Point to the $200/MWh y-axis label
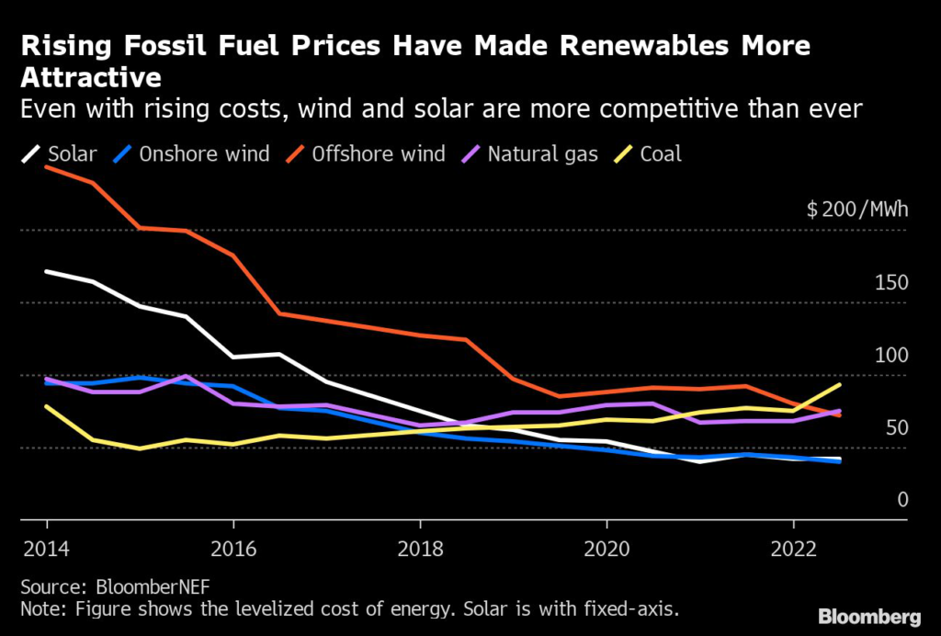coord(856,209)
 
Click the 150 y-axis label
coord(890,282)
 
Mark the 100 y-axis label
coord(890,356)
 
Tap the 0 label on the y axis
coord(902,500)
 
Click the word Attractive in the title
coord(91,75)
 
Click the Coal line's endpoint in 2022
coord(839,384)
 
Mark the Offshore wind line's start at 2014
coord(46,166)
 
